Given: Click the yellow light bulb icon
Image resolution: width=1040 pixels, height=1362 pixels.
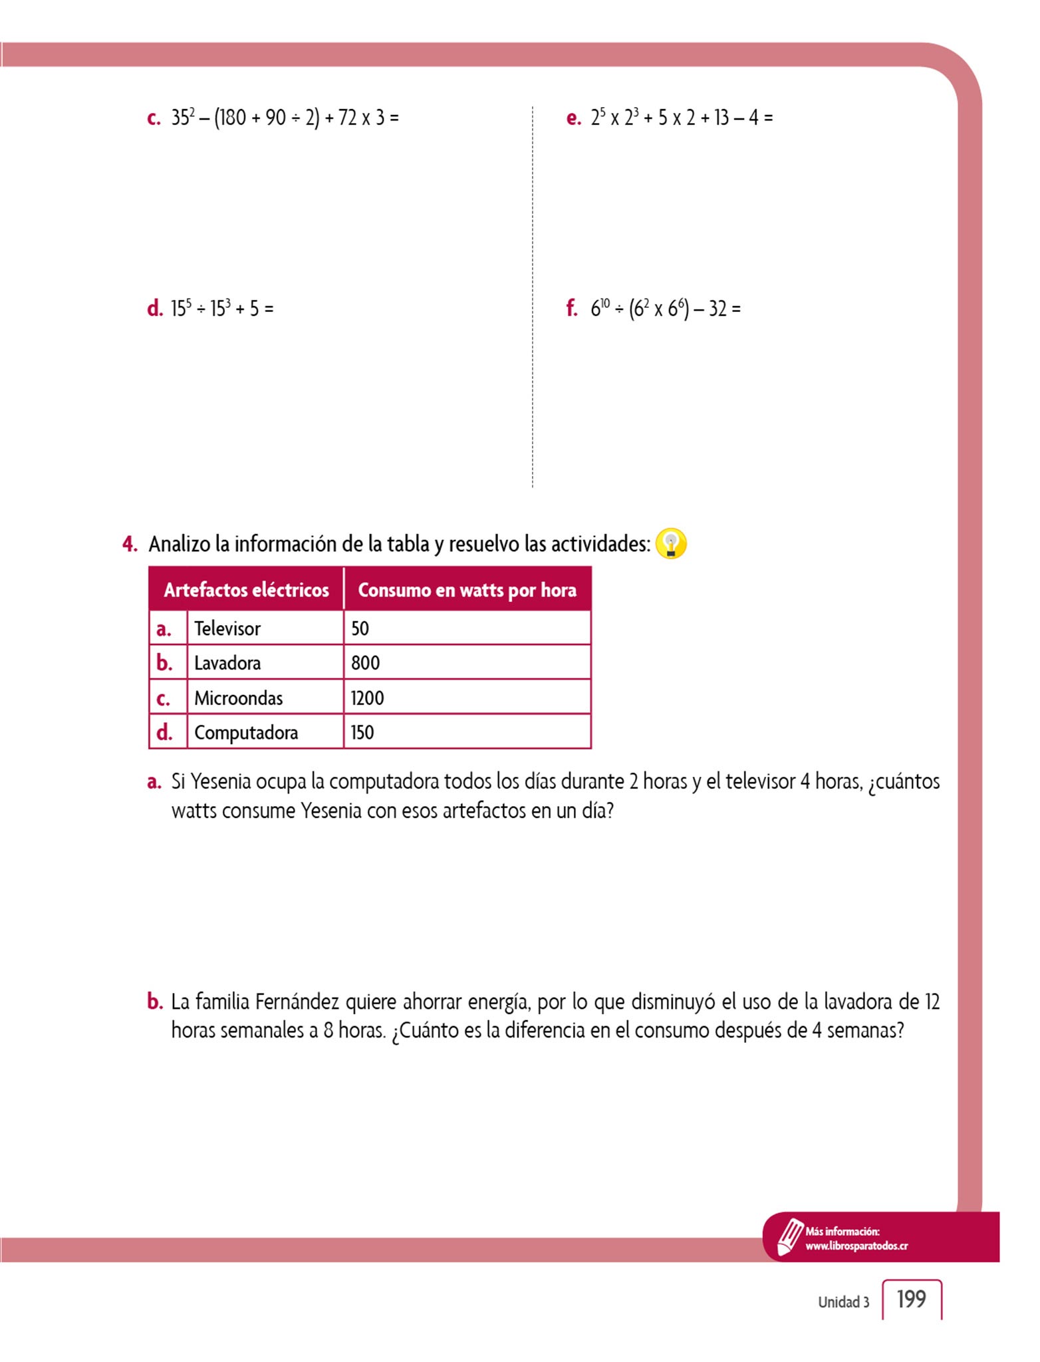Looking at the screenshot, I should click(x=670, y=544).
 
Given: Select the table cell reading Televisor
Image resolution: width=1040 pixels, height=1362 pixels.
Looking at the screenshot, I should click(x=227, y=628).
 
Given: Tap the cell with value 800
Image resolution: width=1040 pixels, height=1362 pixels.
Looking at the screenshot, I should click(x=365, y=663).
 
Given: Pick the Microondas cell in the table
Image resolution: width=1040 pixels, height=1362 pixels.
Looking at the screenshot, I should click(x=238, y=698).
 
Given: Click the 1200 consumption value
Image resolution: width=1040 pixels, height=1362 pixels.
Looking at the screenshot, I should click(x=367, y=698).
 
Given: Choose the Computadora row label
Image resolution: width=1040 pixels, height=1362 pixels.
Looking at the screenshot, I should click(x=245, y=733).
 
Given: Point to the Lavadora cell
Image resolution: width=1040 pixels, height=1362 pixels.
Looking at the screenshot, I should click(x=227, y=663).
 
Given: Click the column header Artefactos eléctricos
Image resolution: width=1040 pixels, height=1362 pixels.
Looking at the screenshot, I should click(x=246, y=590).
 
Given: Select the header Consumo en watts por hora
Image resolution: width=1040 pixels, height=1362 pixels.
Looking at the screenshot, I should click(x=467, y=590).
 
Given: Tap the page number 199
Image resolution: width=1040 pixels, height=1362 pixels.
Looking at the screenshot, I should click(x=911, y=1299).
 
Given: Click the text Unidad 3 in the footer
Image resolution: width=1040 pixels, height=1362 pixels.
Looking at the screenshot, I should click(x=843, y=1302).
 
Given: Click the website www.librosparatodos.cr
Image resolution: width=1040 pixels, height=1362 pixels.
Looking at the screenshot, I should click(x=856, y=1246).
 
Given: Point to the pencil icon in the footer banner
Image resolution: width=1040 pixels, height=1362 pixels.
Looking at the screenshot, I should click(x=789, y=1237).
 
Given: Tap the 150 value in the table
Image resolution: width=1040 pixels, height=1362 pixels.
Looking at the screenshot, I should click(x=362, y=733).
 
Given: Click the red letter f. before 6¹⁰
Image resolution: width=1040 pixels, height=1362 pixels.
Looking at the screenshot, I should click(x=571, y=309).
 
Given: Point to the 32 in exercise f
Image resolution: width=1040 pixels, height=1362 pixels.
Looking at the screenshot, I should click(x=717, y=309).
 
